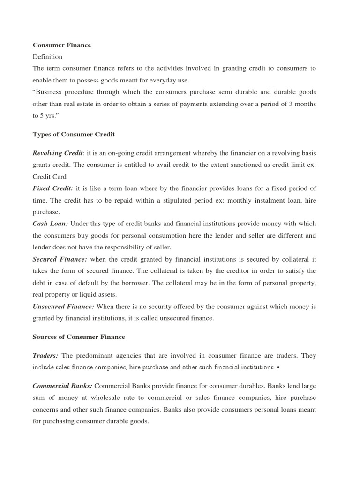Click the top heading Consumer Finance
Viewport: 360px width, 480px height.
62,45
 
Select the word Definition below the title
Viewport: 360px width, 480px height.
47,57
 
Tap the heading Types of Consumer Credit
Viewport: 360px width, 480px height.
74,134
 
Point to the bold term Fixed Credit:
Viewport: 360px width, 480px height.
53,188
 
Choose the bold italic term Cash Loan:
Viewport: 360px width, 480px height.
50,224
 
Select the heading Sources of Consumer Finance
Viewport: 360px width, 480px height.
79,337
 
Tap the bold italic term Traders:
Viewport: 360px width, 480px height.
45,356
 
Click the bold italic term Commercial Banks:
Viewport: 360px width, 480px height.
63,386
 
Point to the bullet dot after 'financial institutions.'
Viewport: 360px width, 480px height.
278,367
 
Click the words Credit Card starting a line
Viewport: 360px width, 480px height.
49,177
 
